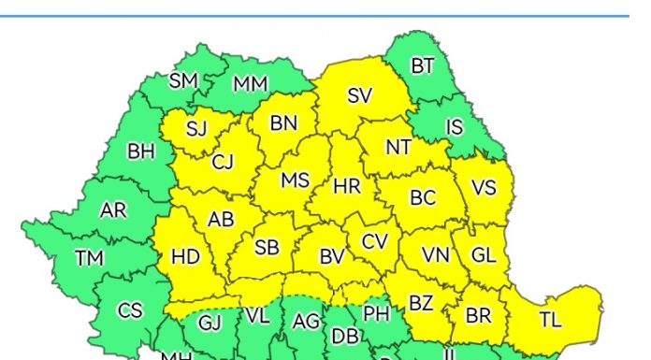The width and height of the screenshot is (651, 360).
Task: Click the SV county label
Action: [359, 95]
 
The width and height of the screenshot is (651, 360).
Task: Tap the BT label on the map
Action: [423, 65]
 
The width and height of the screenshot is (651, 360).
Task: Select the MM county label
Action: [250, 83]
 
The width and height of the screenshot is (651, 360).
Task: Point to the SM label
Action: [183, 80]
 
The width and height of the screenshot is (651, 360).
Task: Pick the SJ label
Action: [196, 129]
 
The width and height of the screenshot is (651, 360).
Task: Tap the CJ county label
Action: [223, 163]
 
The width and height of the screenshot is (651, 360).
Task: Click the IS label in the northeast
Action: [455, 126]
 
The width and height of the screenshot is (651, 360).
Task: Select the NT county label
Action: [398, 147]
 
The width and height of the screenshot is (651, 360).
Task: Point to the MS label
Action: [295, 180]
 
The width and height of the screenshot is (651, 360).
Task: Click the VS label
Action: [483, 187]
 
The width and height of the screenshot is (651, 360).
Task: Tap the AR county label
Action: [113, 210]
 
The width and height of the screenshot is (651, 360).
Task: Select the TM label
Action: [91, 257]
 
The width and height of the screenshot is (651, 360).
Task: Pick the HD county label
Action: [185, 255]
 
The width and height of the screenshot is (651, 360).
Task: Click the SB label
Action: [267, 248]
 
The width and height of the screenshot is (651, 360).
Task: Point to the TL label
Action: [550, 320]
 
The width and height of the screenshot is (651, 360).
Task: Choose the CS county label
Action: [130, 310]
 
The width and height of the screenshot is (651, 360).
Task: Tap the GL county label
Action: [483, 254]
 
